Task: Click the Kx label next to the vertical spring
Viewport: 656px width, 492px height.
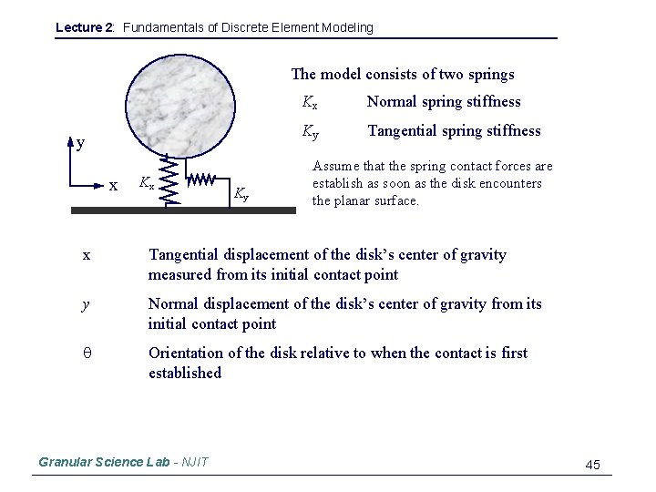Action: click(146, 183)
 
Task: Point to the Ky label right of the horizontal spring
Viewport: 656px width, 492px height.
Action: click(241, 192)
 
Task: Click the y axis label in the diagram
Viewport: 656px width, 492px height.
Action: click(81, 143)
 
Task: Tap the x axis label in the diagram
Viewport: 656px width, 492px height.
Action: click(113, 186)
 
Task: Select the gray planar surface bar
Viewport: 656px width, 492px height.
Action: click(183, 210)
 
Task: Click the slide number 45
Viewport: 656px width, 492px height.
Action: click(592, 465)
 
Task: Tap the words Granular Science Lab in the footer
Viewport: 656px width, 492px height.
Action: click(104, 462)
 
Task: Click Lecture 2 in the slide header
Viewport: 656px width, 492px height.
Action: click(85, 27)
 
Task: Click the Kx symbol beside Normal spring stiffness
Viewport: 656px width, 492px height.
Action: click(310, 102)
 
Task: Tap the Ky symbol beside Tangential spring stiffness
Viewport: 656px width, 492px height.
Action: click(311, 131)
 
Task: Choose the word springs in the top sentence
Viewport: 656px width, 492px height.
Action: click(492, 75)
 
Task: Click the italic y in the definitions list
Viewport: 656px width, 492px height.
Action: click(86, 304)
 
